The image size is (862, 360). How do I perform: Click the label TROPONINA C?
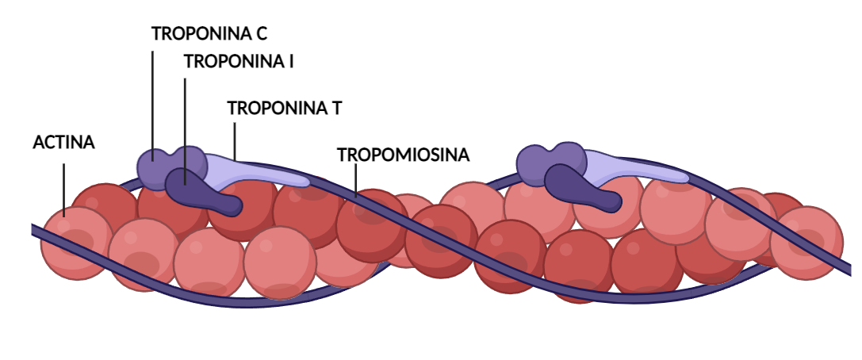pyautogui.click(x=209, y=33)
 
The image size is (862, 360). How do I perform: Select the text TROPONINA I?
pyautogui.click(x=239, y=62)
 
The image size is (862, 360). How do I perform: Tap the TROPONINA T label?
pyautogui.click(x=284, y=109)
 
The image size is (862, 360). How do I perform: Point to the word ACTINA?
pyautogui.click(x=63, y=143)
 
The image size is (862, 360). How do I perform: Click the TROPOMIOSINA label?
pyautogui.click(x=404, y=155)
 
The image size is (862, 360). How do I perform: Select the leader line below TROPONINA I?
pyautogui.click(x=185, y=132)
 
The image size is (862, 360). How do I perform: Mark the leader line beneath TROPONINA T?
pyautogui.click(x=235, y=141)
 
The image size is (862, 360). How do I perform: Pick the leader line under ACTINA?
pyautogui.click(x=63, y=190)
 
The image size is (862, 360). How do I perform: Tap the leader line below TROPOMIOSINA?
pyautogui.click(x=356, y=180)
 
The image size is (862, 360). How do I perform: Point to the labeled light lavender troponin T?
pyautogui.click(x=259, y=171)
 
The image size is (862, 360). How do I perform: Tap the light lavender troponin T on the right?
pyautogui.click(x=638, y=167)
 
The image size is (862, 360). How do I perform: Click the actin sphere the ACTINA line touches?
pyautogui.click(x=76, y=243)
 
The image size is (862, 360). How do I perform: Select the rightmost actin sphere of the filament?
pyautogui.click(x=806, y=243)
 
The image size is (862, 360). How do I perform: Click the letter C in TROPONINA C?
pyautogui.click(x=261, y=33)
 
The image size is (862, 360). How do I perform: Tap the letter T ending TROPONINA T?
pyautogui.click(x=335, y=109)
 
